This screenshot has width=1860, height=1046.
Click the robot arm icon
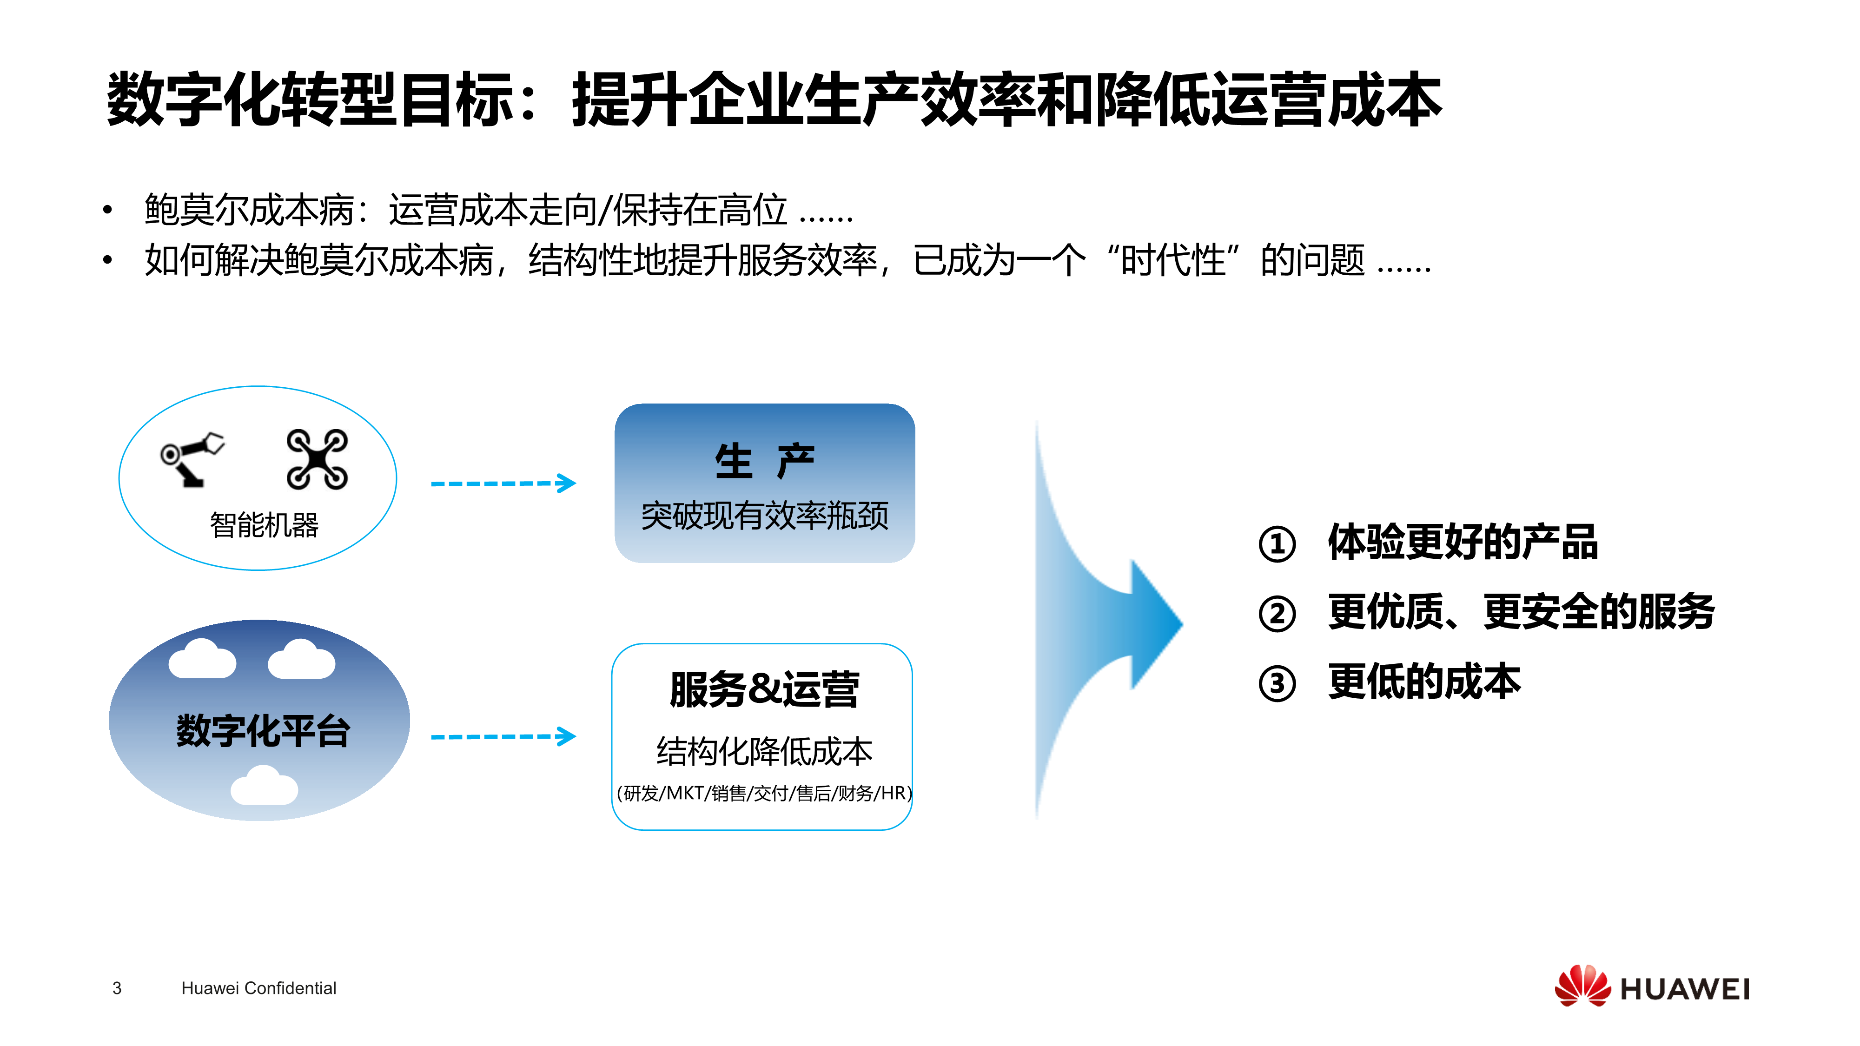[192, 460]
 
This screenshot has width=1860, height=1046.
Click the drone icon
[317, 459]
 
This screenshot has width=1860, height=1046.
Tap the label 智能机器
[264, 525]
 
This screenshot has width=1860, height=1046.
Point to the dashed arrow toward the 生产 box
[503, 483]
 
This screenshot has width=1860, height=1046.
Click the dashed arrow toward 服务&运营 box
[503, 736]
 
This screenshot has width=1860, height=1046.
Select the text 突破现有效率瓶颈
[765, 516]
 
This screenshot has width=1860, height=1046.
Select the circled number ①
[1278, 544]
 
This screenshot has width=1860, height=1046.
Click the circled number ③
[1278, 683]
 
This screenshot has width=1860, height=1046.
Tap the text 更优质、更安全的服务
[1522, 611]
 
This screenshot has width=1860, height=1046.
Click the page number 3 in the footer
[117, 988]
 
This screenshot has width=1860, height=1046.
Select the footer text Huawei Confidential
[258, 988]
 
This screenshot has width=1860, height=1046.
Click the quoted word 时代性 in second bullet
[1173, 260]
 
